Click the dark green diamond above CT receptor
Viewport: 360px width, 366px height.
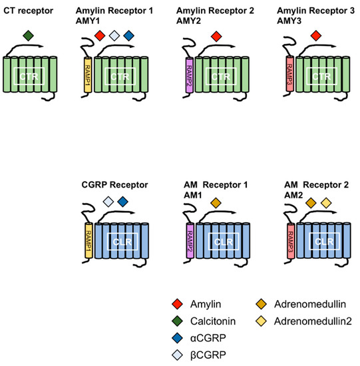pyautogui.click(x=27, y=35)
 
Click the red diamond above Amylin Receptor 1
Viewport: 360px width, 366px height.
pyautogui.click(x=99, y=35)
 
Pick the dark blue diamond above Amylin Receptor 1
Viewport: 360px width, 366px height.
pyautogui.click(x=129, y=35)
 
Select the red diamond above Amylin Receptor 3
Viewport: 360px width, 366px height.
pyautogui.click(x=315, y=35)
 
